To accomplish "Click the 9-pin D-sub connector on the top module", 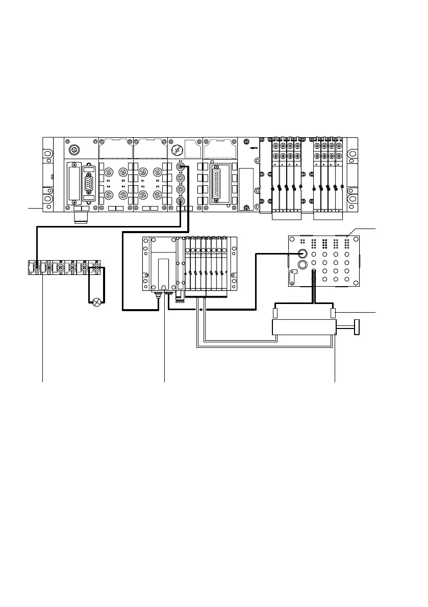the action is [90, 182].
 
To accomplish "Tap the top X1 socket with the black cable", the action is [181, 166].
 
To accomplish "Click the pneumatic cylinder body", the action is [303, 327].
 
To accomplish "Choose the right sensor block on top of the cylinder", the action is [334, 313].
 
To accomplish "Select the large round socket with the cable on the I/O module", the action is [302, 254].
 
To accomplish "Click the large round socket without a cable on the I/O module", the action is [302, 265].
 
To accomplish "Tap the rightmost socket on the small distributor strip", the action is [95, 266].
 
